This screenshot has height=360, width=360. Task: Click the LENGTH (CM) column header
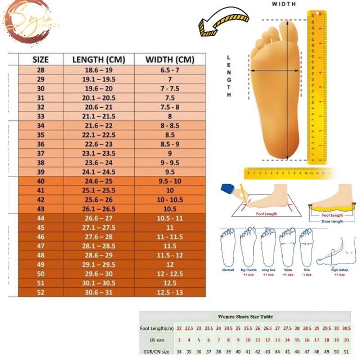[99, 60]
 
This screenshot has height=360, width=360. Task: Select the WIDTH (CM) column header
[170, 60]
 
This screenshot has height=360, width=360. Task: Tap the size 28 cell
[40, 70]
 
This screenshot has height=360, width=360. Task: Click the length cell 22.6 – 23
[99, 144]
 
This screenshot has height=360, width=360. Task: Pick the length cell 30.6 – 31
[99, 292]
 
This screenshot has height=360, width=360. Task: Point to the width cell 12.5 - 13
[170, 292]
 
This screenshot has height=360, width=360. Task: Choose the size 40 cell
[40, 181]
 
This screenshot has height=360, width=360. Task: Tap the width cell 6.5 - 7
[170, 70]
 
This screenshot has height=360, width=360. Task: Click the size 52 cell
[40, 292]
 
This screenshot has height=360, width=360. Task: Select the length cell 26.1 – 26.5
[99, 209]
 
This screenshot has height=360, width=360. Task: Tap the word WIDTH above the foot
[284, 4]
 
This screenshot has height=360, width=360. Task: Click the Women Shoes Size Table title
[245, 317]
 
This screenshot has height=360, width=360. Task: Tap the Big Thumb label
[248, 270]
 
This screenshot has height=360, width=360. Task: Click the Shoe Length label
[332, 221]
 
